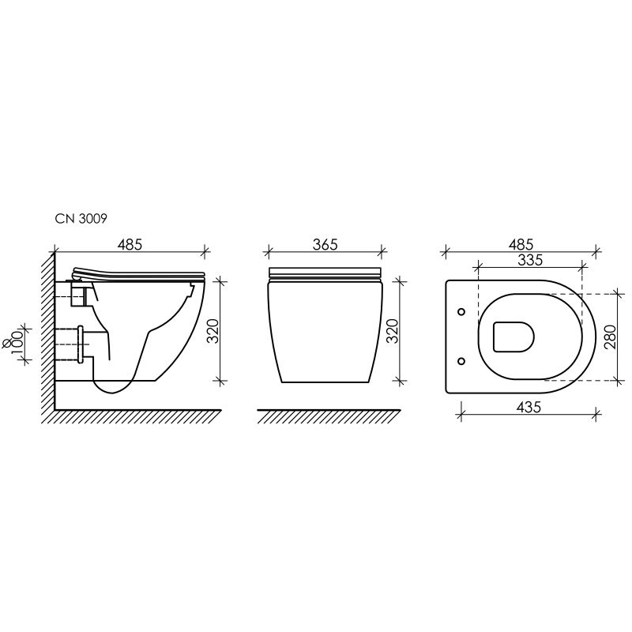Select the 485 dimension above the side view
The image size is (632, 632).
(x=130, y=245)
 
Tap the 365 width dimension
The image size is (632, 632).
(x=325, y=245)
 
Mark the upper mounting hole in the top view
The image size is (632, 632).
(x=461, y=312)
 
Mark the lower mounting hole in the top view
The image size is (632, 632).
(x=461, y=362)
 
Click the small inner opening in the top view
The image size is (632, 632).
(x=513, y=337)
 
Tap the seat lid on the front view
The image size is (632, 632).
(x=325, y=273)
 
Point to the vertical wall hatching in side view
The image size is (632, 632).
(x=47, y=332)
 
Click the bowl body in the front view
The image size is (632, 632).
(x=325, y=332)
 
